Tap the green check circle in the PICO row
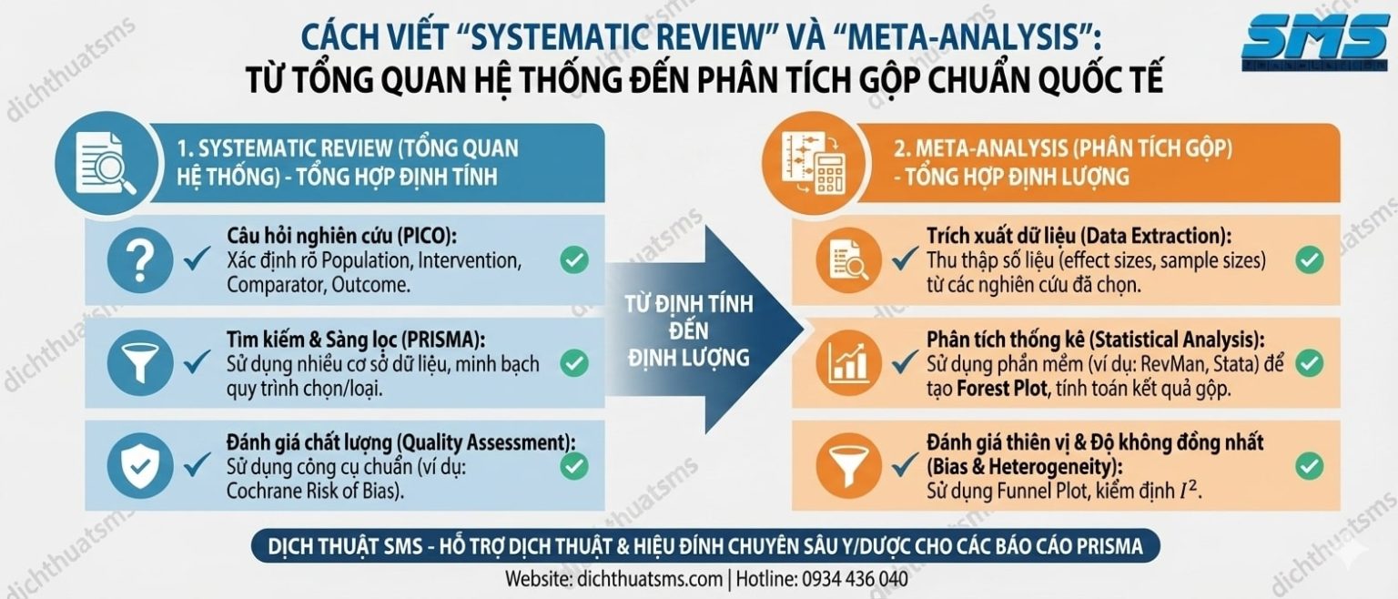tap(573, 260)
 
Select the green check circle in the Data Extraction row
tap(1308, 260)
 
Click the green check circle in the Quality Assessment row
tap(573, 465)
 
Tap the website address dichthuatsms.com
tap(647, 579)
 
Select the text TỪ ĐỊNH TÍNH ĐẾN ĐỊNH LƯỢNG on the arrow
tap(690, 330)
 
